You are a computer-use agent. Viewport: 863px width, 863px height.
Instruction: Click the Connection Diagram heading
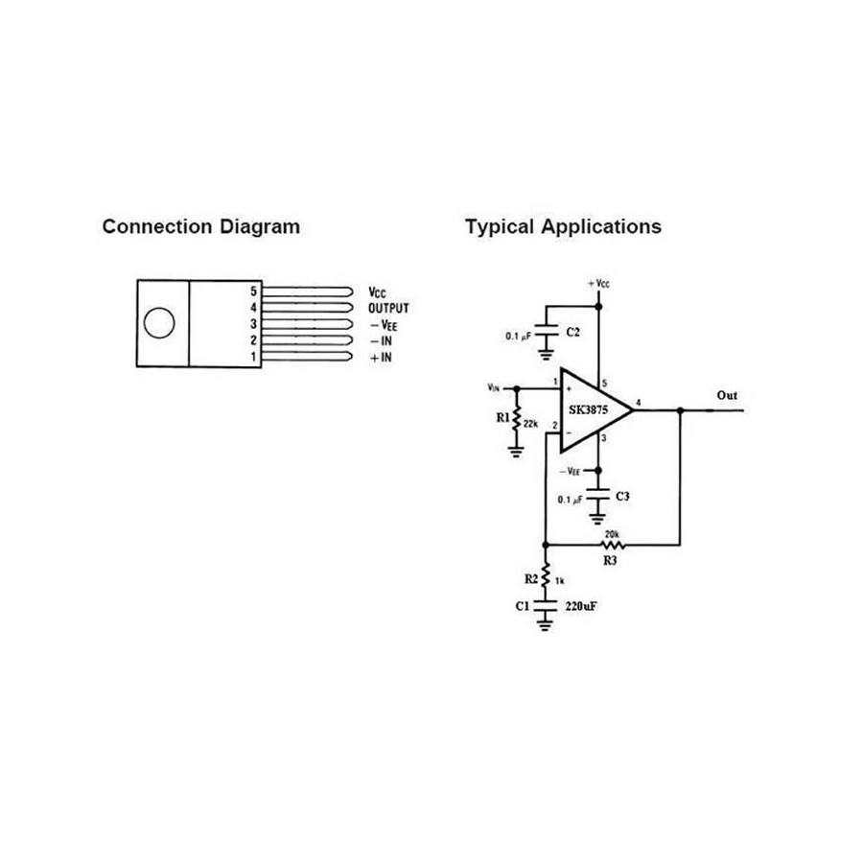coord(200,227)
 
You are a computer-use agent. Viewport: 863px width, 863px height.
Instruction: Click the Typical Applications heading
coord(563,227)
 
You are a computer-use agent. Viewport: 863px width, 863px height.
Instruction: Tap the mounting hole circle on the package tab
coord(159,323)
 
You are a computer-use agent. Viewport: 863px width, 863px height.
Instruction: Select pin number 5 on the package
coord(254,291)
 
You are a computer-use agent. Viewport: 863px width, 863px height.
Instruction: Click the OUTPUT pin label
coord(388,308)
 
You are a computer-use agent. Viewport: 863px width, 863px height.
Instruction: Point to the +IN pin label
coord(381,358)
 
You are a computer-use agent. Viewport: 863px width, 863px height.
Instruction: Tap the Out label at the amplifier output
coord(727,395)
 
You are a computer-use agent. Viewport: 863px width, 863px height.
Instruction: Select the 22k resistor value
coord(531,422)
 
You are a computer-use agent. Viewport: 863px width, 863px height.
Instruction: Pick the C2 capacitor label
coord(572,331)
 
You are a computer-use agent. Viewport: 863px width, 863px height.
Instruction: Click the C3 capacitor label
coord(622,496)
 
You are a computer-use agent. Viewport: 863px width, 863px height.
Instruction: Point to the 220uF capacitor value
coord(581,606)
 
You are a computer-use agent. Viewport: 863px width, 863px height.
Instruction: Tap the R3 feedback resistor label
coord(611,559)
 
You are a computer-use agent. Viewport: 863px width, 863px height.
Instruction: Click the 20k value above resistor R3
coord(612,533)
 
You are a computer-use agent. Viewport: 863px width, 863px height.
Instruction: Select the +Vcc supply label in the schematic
coord(598,285)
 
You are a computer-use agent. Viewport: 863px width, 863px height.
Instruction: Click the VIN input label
coord(493,388)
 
